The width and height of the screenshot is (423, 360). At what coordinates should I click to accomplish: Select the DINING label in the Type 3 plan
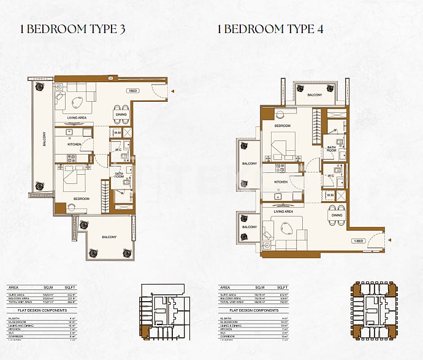coord(121,115)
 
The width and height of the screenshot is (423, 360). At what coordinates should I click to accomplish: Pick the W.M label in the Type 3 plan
coord(116,132)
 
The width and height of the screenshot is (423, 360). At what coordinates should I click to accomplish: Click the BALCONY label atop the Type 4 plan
coord(314,95)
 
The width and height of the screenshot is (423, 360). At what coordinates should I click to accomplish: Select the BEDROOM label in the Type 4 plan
coord(282,126)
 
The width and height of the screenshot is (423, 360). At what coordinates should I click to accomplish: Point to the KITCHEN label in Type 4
coord(281,182)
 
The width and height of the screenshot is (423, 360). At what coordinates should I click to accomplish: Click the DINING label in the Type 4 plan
coord(337,215)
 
